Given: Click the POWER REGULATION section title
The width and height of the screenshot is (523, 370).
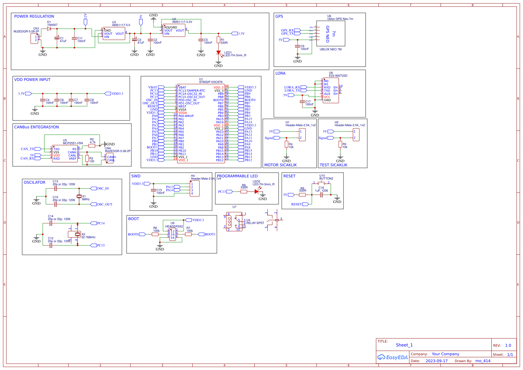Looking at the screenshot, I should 34,16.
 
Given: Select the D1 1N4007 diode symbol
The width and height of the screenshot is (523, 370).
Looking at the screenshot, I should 49,29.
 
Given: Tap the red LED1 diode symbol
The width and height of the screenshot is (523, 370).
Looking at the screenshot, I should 218,52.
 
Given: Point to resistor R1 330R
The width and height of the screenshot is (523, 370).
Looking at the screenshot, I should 218,40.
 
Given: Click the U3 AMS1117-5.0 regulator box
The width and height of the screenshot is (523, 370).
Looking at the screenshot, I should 114,34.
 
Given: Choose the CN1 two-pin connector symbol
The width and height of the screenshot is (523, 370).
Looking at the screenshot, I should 35,39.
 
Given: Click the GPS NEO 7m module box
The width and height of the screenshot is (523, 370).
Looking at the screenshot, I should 331,34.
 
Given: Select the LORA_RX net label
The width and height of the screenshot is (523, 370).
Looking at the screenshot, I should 292,87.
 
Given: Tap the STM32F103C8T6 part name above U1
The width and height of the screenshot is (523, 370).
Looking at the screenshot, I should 211,82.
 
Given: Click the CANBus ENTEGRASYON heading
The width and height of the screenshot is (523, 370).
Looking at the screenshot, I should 36,127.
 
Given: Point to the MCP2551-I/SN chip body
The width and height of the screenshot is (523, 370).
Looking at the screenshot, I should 65,154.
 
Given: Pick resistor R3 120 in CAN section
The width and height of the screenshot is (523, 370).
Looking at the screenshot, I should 87,158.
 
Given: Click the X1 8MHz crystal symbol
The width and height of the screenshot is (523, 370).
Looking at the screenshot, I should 79,196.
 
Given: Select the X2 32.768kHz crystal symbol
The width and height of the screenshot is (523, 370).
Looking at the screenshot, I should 77,234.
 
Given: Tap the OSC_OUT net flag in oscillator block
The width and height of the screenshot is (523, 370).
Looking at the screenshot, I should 104,204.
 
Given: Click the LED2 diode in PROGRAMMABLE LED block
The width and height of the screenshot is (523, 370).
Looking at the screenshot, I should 256,191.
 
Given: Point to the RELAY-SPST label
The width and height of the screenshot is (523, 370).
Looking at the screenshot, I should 255,223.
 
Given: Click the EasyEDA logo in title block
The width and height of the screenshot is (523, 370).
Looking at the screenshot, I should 393,357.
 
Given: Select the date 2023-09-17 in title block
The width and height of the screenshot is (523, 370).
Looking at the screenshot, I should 437,361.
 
